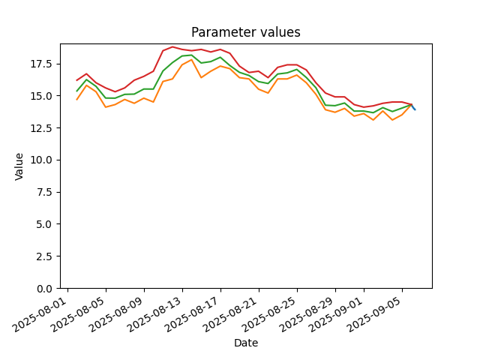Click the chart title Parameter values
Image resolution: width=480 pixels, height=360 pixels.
pyautogui.click(x=246, y=32)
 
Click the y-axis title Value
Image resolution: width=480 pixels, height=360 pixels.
pyautogui.click(x=19, y=166)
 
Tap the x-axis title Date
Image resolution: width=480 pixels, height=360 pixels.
pyautogui.click(x=246, y=343)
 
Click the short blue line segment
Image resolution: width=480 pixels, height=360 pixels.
pyautogui.click(x=413, y=107)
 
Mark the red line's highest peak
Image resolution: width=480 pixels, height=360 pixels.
pyautogui.click(x=172, y=46)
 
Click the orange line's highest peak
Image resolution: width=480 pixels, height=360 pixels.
pyautogui.click(x=192, y=60)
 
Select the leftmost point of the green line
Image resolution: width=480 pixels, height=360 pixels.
pyautogui.click(x=76, y=91)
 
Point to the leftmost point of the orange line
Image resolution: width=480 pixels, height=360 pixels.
pyautogui.click(x=76, y=100)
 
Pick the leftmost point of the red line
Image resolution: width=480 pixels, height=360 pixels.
pyautogui.click(x=76, y=80)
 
